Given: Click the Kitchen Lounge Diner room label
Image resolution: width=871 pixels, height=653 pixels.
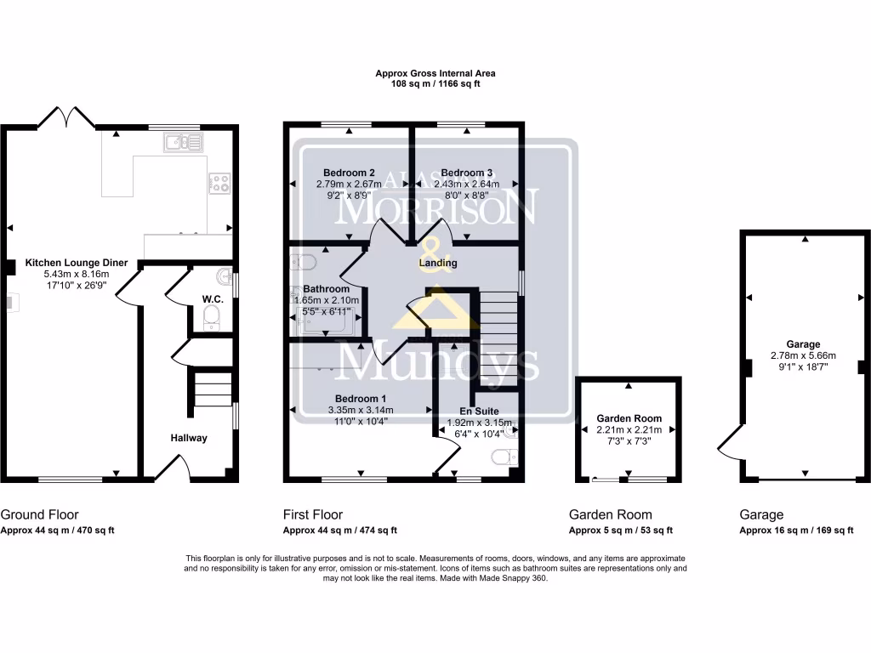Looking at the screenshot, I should (77, 263).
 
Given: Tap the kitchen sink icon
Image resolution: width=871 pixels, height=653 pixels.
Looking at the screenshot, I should (184, 142).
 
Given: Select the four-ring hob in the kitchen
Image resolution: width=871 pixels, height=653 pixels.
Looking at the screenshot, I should (219, 182).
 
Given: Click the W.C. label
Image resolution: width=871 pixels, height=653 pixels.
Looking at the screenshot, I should (212, 298).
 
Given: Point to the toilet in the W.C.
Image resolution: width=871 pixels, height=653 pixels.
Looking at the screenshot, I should (212, 320).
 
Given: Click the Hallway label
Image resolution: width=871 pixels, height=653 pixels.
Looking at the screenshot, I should (187, 438).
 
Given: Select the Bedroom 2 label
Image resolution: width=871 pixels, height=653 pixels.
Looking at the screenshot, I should (350, 171).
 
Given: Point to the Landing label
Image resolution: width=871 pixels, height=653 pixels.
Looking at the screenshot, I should (438, 263).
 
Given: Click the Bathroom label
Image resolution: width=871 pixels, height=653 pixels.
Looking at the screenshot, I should (327, 289).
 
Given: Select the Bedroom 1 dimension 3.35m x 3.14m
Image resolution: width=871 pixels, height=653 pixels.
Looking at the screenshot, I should (361, 410).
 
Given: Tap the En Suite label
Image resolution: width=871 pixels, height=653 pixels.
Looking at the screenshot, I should (479, 411).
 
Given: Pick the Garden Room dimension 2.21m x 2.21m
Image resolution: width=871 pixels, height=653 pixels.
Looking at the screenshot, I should (629, 430).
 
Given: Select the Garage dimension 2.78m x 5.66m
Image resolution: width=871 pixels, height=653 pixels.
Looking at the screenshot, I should (804, 355).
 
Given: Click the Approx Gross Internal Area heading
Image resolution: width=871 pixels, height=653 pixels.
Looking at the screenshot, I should (435, 74).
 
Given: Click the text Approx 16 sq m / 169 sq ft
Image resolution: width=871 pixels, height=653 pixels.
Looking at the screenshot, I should (796, 531).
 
